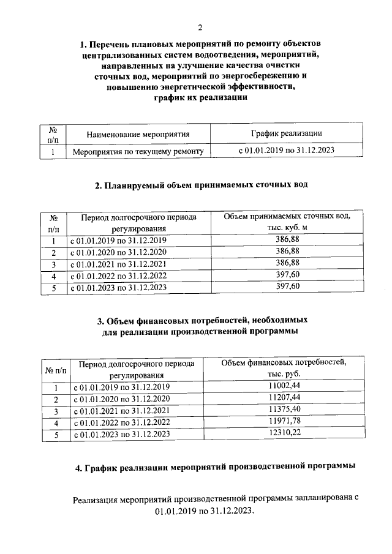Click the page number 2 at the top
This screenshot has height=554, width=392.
click(200, 28)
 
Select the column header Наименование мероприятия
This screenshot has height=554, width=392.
click(138, 134)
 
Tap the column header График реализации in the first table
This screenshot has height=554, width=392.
click(287, 133)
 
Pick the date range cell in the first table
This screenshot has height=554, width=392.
click(287, 150)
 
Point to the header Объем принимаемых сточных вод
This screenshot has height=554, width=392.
click(287, 217)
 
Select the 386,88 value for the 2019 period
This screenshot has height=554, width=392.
click(287, 240)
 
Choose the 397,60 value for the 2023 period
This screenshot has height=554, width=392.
click(287, 286)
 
